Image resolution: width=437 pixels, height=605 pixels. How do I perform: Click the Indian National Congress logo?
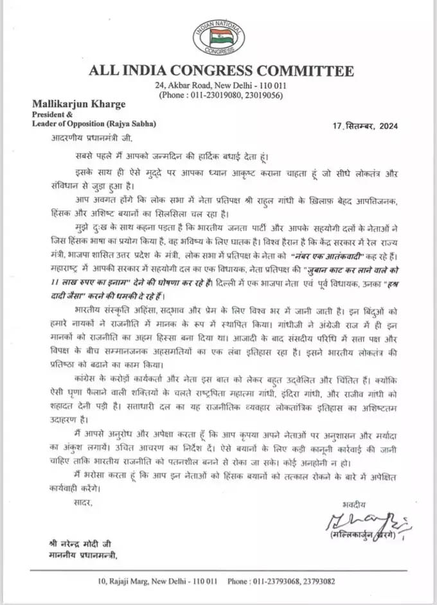click(218, 37)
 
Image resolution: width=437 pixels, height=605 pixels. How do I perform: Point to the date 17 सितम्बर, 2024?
click(377, 125)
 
